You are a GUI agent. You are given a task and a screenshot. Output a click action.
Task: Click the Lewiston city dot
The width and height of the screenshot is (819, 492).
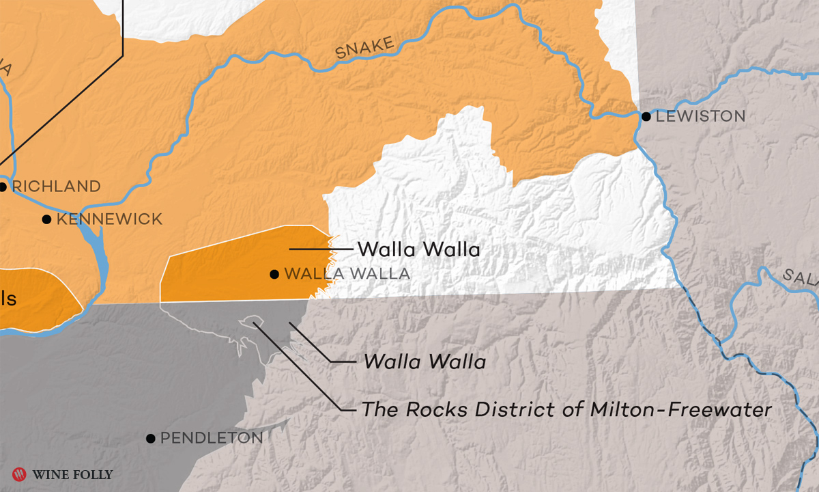[646, 116]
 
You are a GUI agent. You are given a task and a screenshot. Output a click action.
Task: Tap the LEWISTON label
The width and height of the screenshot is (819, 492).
[700, 116]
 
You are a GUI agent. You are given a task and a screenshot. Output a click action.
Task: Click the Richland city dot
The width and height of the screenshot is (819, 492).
[3, 186]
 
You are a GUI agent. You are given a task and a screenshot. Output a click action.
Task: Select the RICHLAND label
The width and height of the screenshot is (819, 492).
[57, 186]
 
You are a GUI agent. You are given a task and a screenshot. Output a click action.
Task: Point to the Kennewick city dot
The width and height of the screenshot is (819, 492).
[46, 219]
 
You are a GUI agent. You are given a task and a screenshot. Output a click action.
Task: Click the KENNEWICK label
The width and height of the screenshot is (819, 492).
[109, 219]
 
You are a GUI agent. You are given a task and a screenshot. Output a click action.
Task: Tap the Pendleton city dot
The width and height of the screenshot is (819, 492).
[150, 438]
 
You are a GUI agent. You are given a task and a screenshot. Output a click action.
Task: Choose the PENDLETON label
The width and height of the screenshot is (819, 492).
[212, 438]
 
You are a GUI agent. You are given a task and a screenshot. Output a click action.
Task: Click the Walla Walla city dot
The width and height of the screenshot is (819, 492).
[274, 274]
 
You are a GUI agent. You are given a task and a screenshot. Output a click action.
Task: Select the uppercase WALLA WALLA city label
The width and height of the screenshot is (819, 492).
[347, 274]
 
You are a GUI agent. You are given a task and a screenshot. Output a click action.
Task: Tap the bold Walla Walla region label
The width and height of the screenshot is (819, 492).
[418, 249]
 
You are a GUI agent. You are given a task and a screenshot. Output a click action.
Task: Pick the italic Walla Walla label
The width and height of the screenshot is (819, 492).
[425, 361]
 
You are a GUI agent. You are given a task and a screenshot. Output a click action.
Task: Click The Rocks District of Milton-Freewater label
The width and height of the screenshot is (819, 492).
[566, 409]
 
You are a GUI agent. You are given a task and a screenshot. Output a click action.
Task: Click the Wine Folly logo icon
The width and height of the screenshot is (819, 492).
[19, 474]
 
